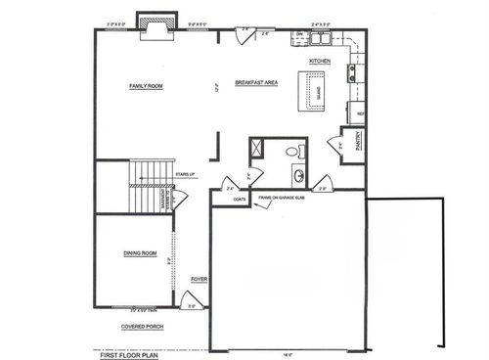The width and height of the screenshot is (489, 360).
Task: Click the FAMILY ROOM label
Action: [146, 87]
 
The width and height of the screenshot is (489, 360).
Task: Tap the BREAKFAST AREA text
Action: [257, 82]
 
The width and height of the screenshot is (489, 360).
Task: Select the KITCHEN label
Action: [320, 61]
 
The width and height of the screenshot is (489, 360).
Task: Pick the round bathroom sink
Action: [297, 176]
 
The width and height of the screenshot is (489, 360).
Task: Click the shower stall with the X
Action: [259, 147]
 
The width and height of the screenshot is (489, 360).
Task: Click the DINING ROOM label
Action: [141, 253]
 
